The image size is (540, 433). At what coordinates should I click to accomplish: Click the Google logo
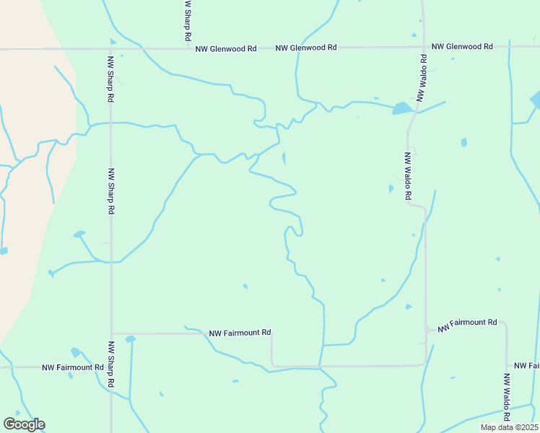tap(24, 424)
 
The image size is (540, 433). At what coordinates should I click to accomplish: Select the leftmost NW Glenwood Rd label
tap(226, 48)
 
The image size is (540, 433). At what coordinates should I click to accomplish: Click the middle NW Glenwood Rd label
tap(306, 47)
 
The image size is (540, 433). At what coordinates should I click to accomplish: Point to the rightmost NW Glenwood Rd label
tap(462, 46)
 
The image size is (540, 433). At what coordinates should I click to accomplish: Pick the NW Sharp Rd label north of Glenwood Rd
tap(188, 20)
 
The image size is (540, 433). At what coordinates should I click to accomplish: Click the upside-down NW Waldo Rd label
tap(419, 77)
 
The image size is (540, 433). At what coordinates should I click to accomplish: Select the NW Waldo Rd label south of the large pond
tap(408, 175)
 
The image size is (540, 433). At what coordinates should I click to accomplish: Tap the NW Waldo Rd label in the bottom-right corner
tap(507, 396)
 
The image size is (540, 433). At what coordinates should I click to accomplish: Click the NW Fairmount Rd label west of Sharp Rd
tap(73, 367)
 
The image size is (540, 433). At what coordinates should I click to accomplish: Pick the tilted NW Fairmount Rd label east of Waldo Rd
tap(467, 324)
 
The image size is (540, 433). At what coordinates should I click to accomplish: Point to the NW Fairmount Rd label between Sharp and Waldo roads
tap(240, 333)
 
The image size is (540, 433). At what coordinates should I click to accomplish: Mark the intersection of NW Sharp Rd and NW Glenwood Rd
tap(110, 49)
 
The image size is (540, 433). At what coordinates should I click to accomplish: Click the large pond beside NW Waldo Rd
tap(401, 109)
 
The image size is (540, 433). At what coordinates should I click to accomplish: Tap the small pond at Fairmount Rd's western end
tap(130, 338)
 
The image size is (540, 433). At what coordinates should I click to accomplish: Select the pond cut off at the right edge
tap(535, 100)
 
